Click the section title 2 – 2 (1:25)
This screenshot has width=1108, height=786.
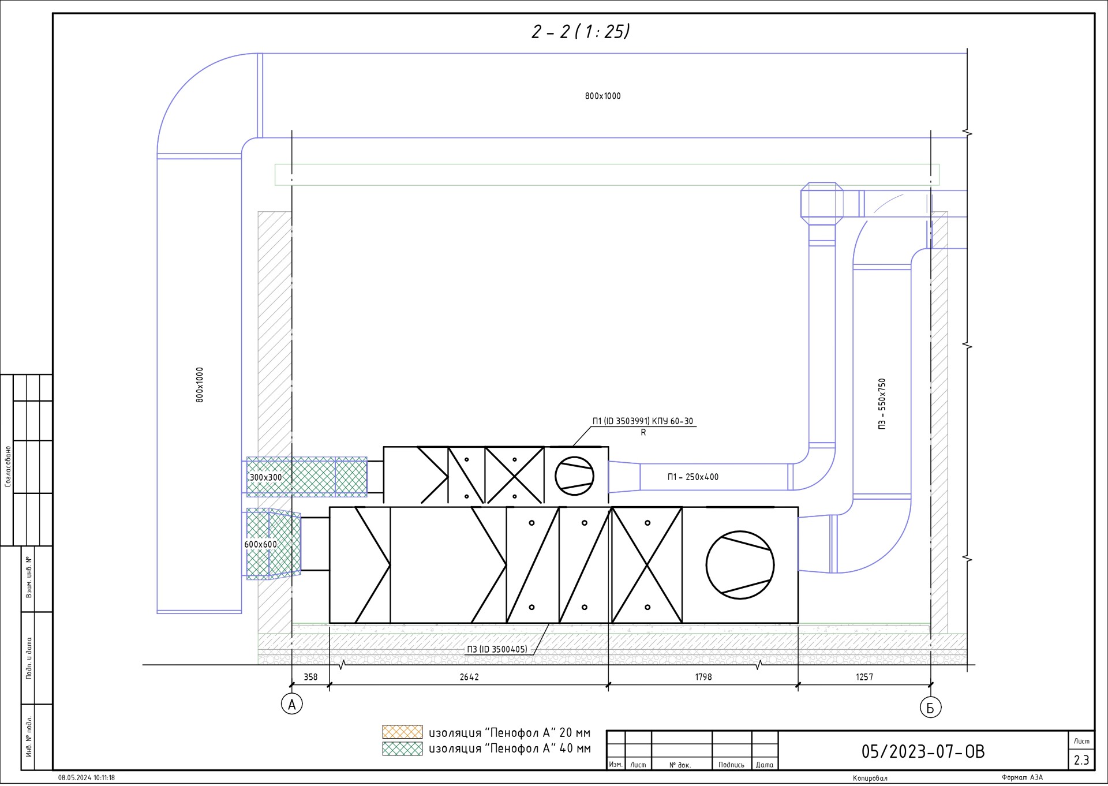pos(581,31)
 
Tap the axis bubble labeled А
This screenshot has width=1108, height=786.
pos(292,704)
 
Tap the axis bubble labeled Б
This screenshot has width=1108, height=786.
pos(930,707)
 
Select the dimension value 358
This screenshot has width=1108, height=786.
pos(310,677)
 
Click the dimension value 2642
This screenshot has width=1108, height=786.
pos(469,677)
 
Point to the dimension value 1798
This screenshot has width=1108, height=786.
pos(703,677)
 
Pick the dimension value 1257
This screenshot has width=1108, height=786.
pos(864,677)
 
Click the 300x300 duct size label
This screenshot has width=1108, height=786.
pos(265,477)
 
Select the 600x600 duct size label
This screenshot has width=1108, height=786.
pos(261,544)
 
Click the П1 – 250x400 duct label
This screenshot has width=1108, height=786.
pos(693,477)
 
